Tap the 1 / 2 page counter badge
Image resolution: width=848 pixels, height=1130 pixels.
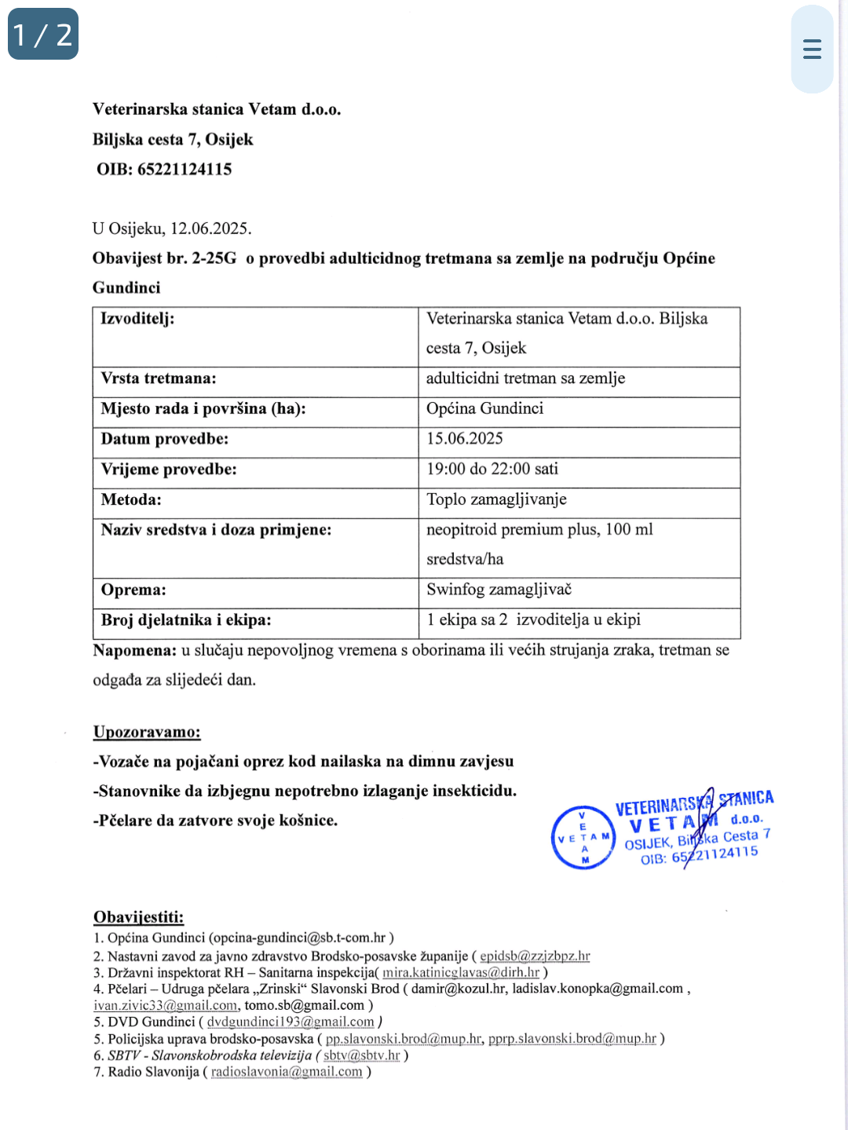click(x=43, y=35)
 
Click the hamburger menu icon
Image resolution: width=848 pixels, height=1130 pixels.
click(x=812, y=49)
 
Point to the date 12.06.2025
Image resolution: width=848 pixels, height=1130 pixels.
click(x=210, y=229)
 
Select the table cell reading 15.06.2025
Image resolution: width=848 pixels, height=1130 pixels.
click(x=465, y=439)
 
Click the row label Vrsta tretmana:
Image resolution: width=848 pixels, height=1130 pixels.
click(x=159, y=378)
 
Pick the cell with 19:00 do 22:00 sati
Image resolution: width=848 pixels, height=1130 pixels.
click(x=492, y=469)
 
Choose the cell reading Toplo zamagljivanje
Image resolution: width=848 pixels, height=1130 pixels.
click(x=496, y=499)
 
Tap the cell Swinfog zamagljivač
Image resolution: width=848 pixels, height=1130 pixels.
click(x=499, y=590)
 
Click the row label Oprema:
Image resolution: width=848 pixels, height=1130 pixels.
click(x=133, y=590)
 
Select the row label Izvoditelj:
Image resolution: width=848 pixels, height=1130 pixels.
click(x=137, y=319)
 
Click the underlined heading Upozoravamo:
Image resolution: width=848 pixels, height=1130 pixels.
click(x=147, y=732)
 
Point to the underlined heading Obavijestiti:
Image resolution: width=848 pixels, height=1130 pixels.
click(x=138, y=917)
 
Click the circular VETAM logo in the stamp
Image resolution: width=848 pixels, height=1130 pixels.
click(x=583, y=838)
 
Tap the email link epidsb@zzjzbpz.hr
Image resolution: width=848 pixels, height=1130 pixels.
click(x=535, y=956)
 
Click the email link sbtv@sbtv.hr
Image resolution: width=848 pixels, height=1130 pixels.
click(x=362, y=1055)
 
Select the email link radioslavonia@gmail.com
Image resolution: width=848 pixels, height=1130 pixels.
click(x=287, y=1072)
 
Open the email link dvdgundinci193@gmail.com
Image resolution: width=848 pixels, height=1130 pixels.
click(x=291, y=1022)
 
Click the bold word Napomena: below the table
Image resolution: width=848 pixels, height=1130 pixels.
click(x=134, y=650)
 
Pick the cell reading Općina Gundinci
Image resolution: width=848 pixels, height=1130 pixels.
click(x=484, y=408)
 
